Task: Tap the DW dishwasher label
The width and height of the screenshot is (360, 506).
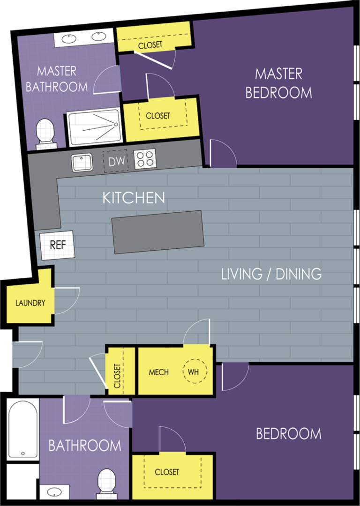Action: click(116, 162)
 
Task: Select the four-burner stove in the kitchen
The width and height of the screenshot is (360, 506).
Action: click(145, 159)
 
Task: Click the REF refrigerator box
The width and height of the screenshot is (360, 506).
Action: click(58, 245)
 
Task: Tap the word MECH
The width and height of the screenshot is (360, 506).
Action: click(158, 372)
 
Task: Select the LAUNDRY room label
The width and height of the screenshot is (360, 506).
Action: click(30, 303)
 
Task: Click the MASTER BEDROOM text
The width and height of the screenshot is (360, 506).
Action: click(279, 83)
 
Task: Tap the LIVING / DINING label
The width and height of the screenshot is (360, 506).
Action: click(271, 274)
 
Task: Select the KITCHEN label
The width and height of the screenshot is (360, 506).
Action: click(134, 198)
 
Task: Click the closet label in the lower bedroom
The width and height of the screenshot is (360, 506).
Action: click(167, 472)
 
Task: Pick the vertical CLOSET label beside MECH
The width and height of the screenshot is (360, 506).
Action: click(117, 376)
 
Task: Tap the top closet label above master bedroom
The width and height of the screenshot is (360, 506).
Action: click(150, 45)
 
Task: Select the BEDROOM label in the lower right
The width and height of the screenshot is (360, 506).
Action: click(288, 434)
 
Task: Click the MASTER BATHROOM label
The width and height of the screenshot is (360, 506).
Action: click(57, 79)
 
